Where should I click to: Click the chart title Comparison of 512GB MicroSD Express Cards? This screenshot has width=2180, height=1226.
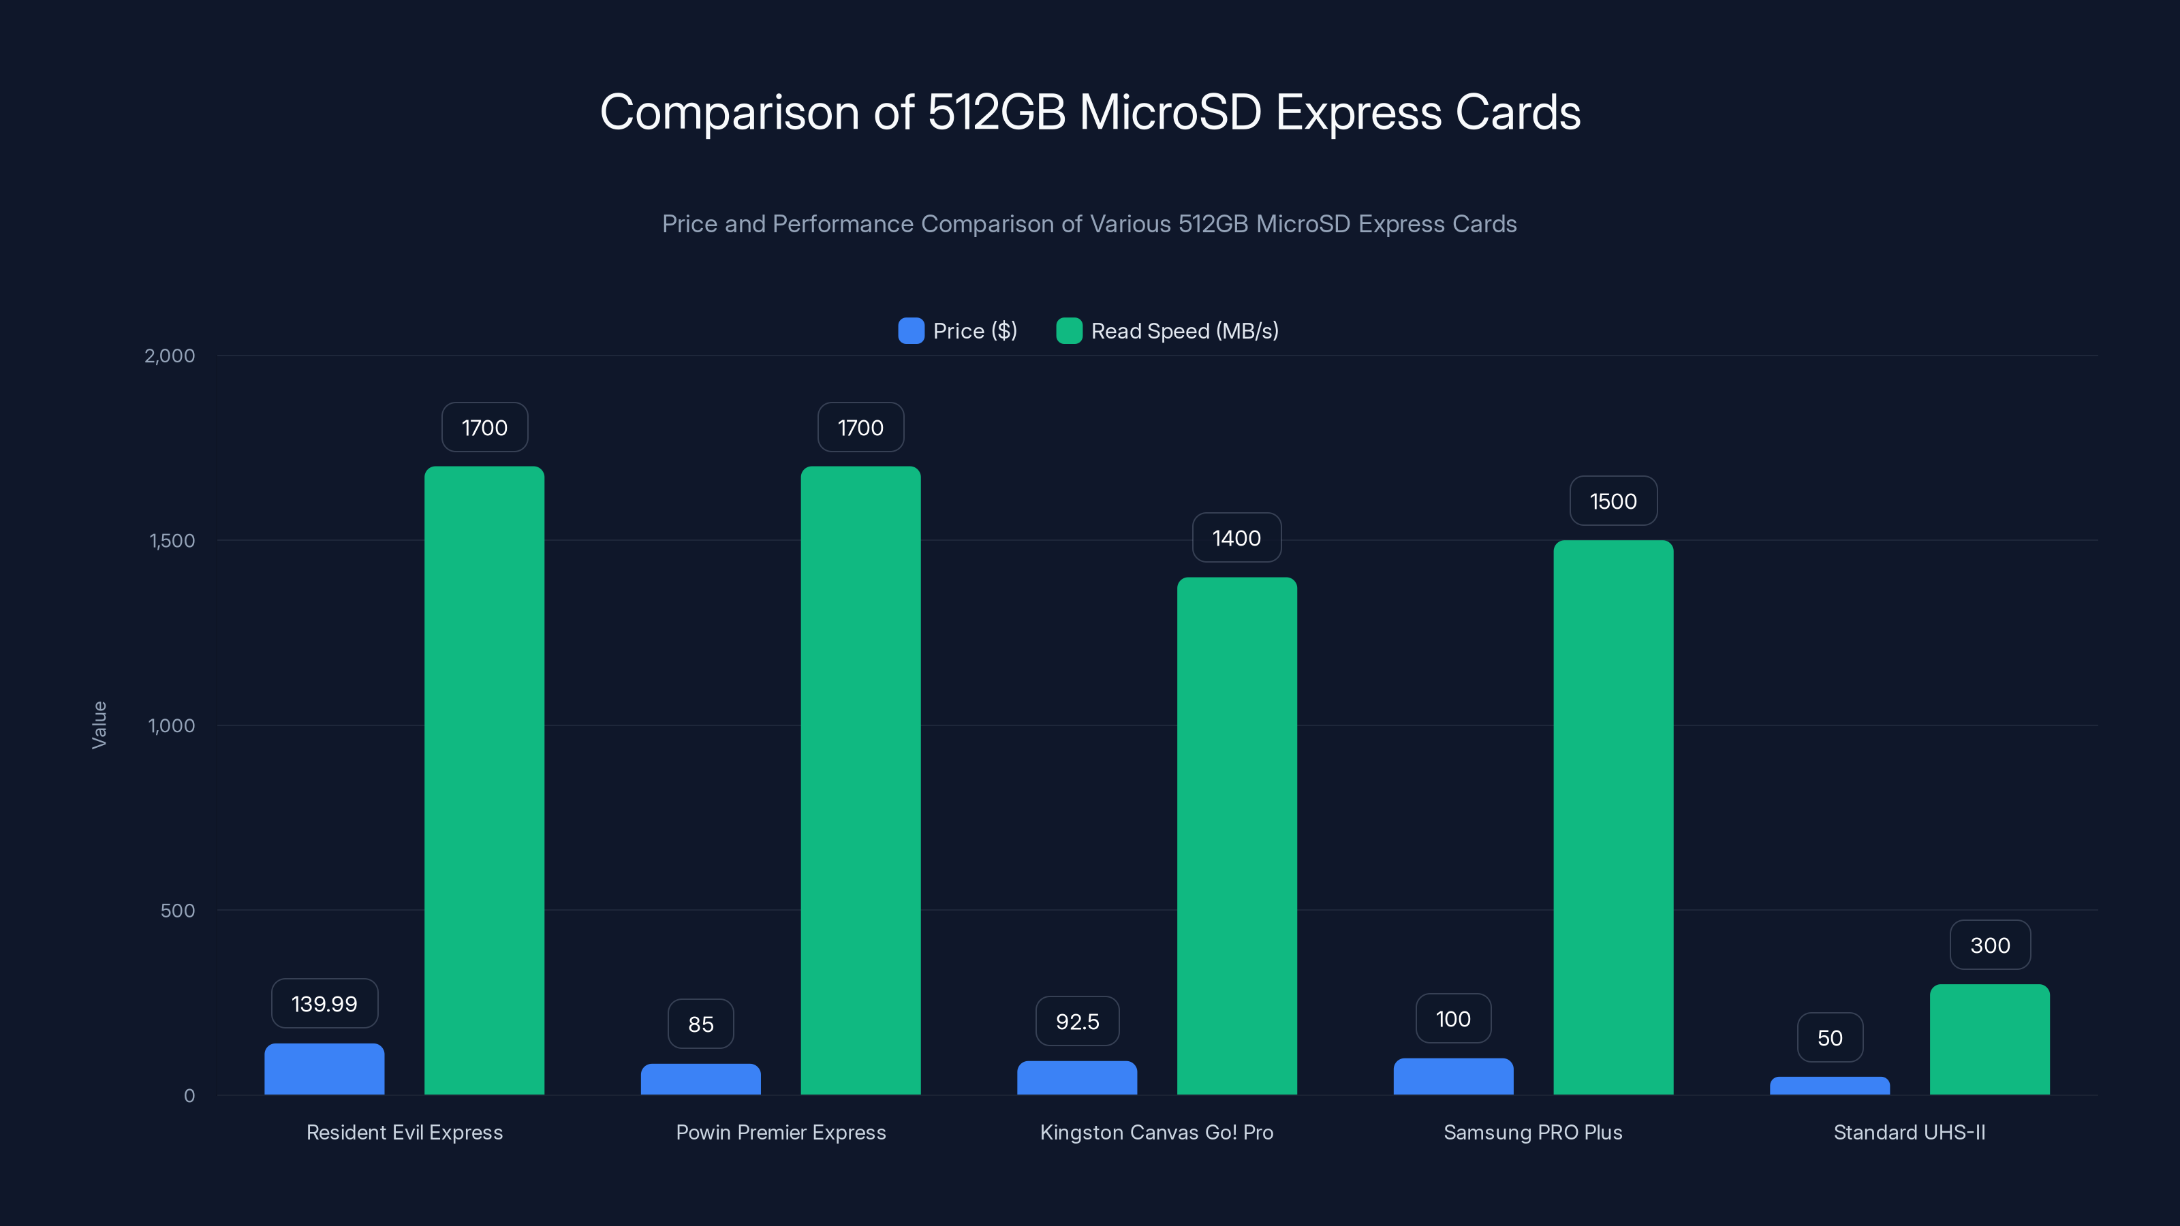coord(1090,112)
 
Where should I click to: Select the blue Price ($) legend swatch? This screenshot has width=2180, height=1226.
coord(911,331)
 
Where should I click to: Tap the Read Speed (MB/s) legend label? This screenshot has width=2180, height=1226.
coord(1184,331)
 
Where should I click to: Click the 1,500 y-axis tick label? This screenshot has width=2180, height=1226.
coord(172,541)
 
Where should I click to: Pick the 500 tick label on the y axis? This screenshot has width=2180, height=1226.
coord(177,911)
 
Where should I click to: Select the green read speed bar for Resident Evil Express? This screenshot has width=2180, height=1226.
coord(484,779)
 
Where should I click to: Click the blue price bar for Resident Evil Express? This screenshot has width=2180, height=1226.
coord(324,1069)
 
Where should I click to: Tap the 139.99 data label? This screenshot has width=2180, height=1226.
coord(324,1003)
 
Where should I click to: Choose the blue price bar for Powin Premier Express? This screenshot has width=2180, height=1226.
coord(701,1079)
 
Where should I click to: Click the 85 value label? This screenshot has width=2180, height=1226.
coord(701,1024)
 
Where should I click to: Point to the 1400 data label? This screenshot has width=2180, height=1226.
coord(1236,538)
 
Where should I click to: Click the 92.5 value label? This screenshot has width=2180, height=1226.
coord(1077,1021)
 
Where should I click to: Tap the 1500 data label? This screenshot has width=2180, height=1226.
coord(1613,501)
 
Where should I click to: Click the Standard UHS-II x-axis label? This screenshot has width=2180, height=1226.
coord(1909,1132)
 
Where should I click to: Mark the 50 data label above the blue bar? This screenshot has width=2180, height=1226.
coord(1830,1037)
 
